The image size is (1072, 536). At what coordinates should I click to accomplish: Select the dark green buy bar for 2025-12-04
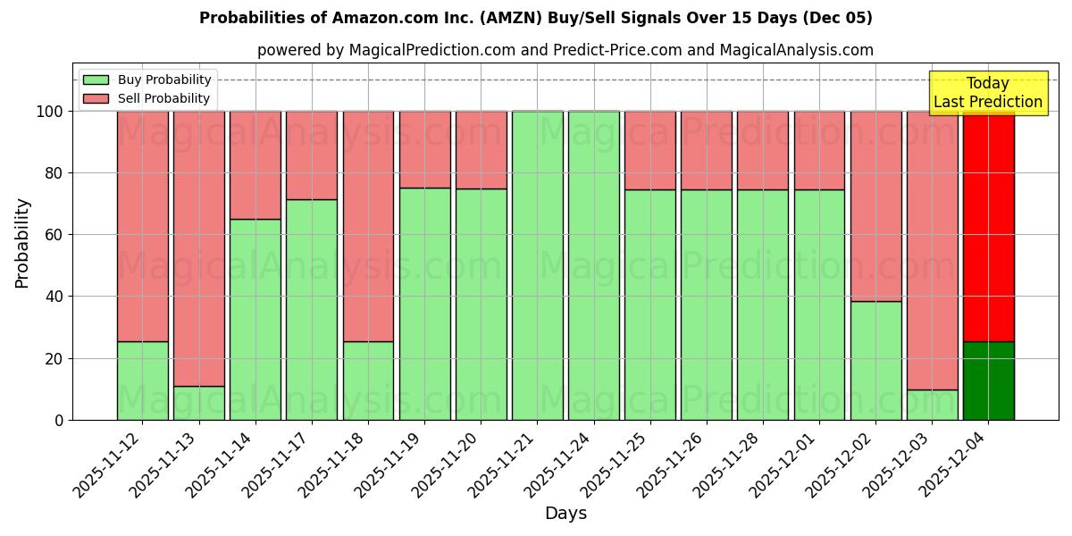click(988, 381)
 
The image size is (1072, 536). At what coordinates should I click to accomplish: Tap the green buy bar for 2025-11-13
click(198, 403)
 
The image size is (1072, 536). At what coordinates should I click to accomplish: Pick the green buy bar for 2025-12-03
click(932, 405)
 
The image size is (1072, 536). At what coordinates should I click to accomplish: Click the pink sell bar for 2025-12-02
click(875, 205)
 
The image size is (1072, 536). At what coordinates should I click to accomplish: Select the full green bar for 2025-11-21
click(537, 265)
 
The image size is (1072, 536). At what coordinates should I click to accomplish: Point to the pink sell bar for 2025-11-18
click(368, 225)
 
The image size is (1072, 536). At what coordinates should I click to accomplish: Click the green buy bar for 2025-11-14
click(255, 319)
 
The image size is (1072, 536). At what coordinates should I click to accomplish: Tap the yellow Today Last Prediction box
click(988, 93)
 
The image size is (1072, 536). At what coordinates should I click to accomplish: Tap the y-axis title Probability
click(22, 242)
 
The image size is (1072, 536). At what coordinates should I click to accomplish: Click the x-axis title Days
click(565, 514)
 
